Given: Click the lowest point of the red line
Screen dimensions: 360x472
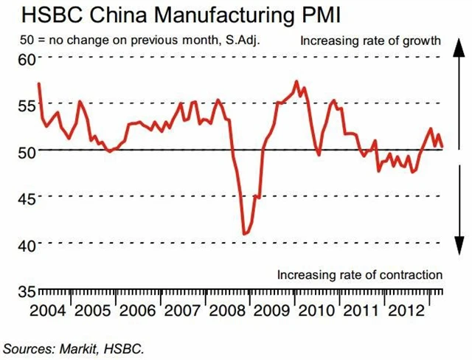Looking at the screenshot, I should coord(244,234).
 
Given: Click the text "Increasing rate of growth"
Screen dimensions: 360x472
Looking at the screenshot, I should coord(370,40).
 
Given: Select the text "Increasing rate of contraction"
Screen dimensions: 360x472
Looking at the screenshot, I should coord(359,274).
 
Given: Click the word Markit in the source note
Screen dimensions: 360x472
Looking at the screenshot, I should coord(77,345).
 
